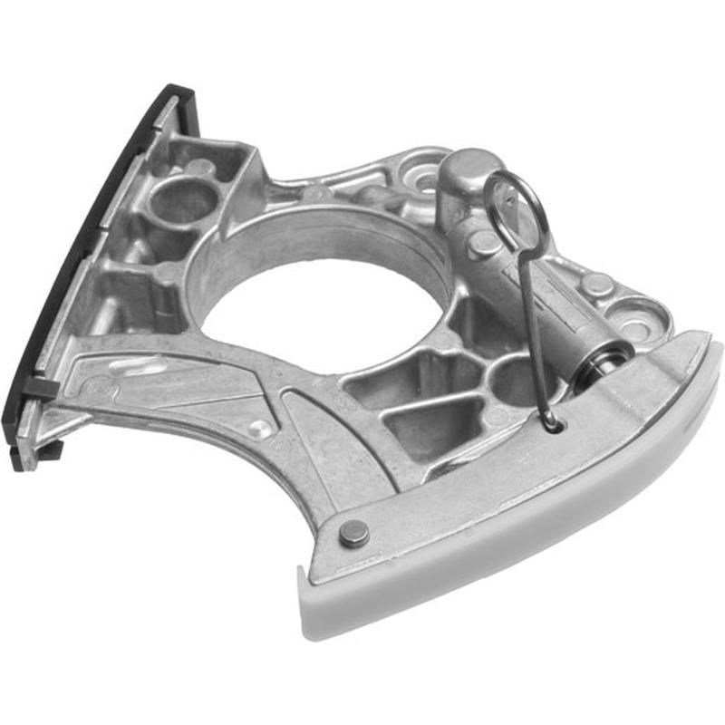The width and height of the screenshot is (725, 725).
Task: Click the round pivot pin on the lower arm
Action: [354, 534]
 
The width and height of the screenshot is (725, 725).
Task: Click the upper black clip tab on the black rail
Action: [42, 388]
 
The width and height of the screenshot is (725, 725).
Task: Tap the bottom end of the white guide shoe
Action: [313, 603]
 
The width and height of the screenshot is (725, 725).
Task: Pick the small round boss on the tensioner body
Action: [485, 242]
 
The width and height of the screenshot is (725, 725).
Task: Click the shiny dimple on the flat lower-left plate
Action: [260, 428]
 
